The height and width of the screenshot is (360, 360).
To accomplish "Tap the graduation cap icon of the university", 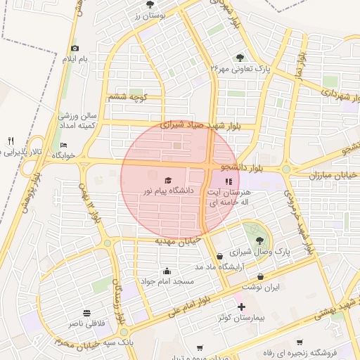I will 167,180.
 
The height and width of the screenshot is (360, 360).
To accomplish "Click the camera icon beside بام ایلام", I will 75,49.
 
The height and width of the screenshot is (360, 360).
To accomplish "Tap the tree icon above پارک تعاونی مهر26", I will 240,58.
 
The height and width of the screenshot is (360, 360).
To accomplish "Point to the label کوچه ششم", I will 127,96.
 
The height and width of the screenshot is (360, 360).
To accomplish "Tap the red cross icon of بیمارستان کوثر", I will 241,307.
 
